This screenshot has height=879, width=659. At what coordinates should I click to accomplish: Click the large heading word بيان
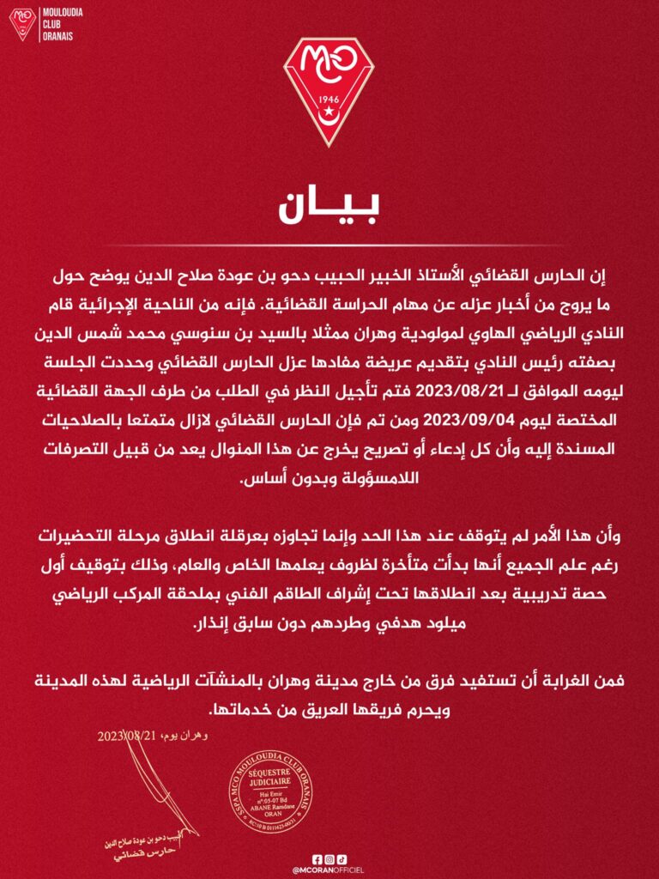[329, 209]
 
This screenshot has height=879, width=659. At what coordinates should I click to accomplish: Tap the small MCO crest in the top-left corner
[22, 23]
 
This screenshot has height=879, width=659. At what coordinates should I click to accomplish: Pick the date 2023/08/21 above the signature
[127, 737]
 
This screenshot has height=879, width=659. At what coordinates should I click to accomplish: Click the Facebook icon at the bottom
[317, 858]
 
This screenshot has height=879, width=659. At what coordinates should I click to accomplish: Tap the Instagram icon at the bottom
[329, 858]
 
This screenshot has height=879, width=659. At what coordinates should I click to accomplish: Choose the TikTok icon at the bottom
[342, 858]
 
